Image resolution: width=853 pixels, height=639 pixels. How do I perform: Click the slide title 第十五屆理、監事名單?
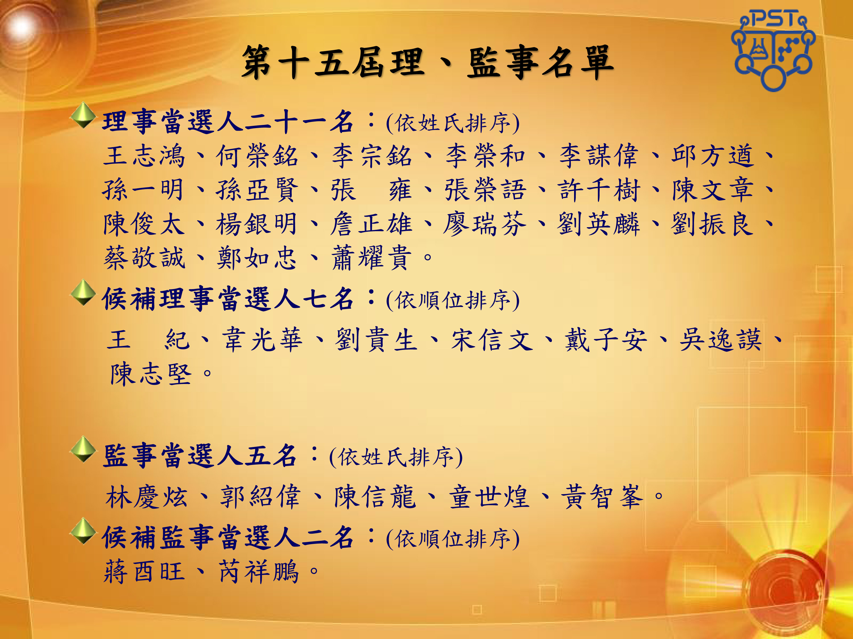click(427, 62)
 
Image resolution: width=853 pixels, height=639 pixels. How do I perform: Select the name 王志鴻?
click(144, 156)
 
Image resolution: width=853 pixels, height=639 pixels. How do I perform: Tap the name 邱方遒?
click(713, 156)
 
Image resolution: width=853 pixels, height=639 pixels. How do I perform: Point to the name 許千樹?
click(599, 190)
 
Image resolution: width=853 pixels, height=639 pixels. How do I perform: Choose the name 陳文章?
click(713, 190)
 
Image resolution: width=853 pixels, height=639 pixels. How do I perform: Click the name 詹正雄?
click(371, 224)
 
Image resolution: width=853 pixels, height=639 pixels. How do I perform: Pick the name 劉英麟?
click(599, 224)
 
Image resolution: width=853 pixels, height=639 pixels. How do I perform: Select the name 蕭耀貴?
click(371, 258)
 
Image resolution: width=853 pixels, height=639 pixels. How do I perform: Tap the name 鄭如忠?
click(257, 258)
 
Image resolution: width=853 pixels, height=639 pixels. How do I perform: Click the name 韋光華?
click(262, 340)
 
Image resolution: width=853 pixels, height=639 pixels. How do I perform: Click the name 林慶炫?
click(146, 497)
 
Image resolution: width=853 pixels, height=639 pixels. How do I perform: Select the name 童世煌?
click(489, 497)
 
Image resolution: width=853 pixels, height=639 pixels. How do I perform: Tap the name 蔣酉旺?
click(144, 572)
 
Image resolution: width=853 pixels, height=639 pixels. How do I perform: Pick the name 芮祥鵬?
click(259, 572)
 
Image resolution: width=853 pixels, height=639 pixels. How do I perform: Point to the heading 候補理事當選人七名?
click(227, 299)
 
